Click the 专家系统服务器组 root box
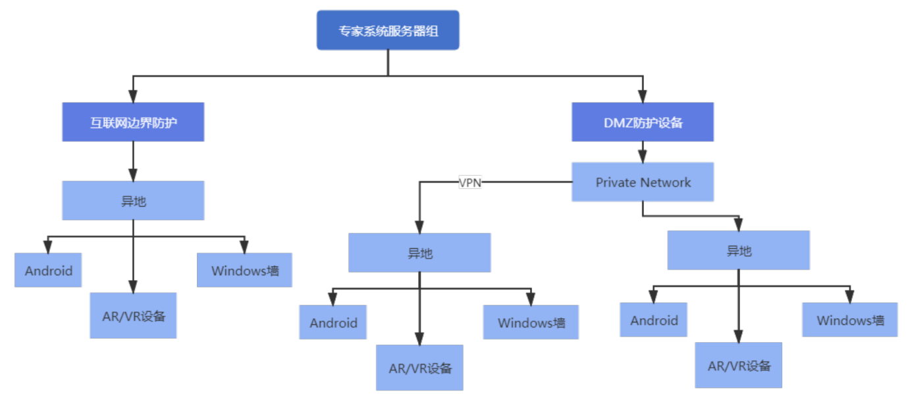click(x=388, y=30)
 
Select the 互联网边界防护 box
click(x=133, y=122)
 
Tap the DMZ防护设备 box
click(x=643, y=122)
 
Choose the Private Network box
click(x=643, y=182)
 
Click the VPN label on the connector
click(x=470, y=183)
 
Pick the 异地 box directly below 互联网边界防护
click(x=133, y=201)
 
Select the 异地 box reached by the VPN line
click(x=419, y=253)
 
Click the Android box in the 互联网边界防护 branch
click(x=48, y=270)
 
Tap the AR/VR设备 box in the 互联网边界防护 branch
click(x=133, y=316)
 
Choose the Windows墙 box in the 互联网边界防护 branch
click(x=244, y=270)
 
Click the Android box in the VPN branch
click(x=333, y=322)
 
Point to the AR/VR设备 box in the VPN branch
click(x=420, y=368)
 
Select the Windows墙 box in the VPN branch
click(x=531, y=322)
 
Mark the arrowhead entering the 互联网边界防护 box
click(x=133, y=97)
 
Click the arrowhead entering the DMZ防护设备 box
click(x=643, y=97)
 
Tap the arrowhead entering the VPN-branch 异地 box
click(x=419, y=227)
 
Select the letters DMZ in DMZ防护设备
click(x=618, y=122)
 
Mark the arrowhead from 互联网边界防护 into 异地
click(x=133, y=175)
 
